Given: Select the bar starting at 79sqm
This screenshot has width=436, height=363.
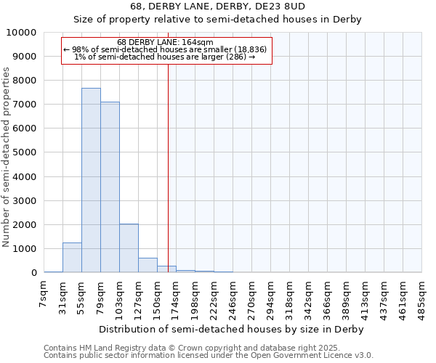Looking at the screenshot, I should pos(110,187).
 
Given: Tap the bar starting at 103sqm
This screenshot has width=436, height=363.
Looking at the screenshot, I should pos(129,248).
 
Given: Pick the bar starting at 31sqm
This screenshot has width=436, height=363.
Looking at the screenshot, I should pos(72,258).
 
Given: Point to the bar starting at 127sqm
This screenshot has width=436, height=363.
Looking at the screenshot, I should pos(148,265).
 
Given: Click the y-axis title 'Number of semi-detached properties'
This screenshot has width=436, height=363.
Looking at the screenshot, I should pos(7,157).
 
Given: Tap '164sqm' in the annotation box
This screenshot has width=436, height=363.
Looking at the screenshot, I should pos(198,42).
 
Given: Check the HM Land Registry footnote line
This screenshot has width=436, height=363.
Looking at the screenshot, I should pos(208,348).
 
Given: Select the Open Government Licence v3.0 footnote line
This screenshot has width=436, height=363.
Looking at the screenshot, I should pos(208,356).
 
